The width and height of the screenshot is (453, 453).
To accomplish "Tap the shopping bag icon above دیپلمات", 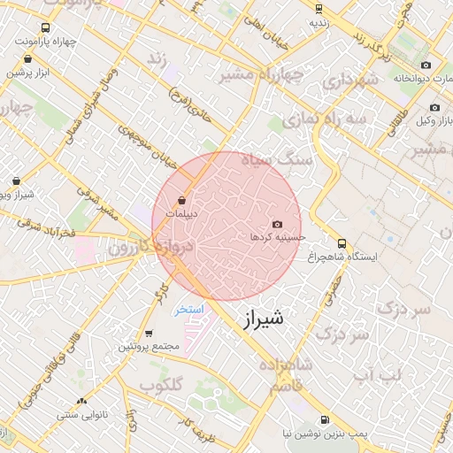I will [x=181, y=200].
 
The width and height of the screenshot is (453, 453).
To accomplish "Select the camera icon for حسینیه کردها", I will [x=277, y=225].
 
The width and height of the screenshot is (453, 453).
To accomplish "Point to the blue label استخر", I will [x=188, y=309].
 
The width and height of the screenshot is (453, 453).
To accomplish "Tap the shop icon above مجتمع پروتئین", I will [x=148, y=334].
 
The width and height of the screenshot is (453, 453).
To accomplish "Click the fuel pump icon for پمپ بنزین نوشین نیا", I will [x=323, y=419].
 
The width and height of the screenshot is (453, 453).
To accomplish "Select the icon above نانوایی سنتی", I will [x=82, y=402].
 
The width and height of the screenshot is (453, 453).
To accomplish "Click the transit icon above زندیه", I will [x=319, y=9].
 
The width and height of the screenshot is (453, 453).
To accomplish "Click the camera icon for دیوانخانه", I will [x=426, y=65].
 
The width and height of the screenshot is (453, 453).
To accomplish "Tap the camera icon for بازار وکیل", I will [x=434, y=107].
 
